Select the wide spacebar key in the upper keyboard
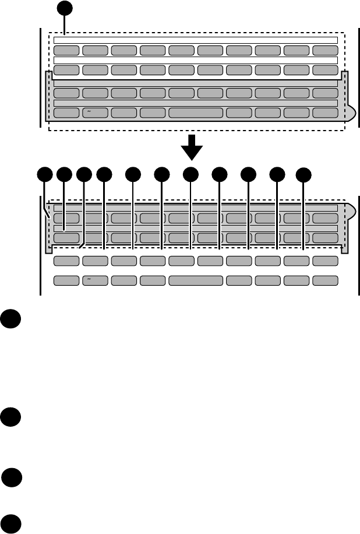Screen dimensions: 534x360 click(x=196, y=113)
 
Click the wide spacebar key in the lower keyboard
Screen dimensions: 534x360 click(x=196, y=280)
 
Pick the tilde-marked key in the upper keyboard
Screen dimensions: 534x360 click(x=95, y=113)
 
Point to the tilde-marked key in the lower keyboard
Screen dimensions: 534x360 click(x=95, y=280)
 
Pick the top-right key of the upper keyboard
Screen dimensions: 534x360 click(x=325, y=50)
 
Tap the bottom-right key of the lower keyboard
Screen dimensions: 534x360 click(x=325, y=280)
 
